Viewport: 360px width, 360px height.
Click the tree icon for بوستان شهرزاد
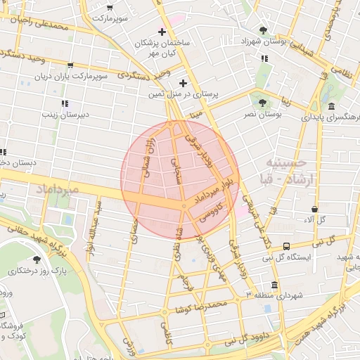click(x=263, y=30)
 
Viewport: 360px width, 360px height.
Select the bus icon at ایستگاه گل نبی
click(x=286, y=246)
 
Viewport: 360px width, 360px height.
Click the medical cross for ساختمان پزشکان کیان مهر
click(x=162, y=32)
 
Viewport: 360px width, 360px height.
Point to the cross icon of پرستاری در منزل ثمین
click(x=183, y=83)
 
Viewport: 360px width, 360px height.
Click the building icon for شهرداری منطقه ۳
click(x=274, y=285)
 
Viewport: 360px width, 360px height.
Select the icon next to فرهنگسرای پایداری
click(x=330, y=106)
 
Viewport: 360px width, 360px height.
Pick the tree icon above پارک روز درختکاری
click(x=36, y=259)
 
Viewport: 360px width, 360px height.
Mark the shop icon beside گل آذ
click(x=314, y=209)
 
